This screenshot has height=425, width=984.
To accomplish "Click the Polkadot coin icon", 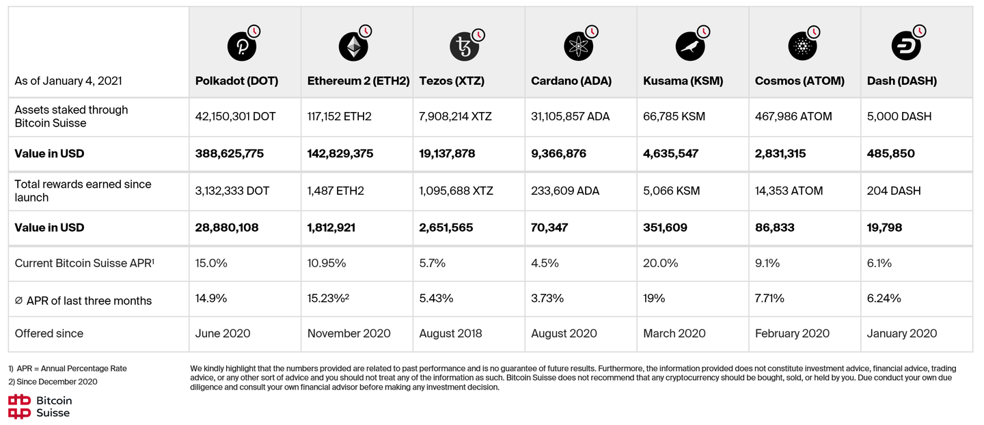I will pyautogui.click(x=241, y=46).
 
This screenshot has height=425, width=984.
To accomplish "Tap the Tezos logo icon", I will pyautogui.click(x=465, y=46).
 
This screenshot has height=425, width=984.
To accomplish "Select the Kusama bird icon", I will pyautogui.click(x=689, y=46).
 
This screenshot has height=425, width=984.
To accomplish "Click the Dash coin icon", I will pyautogui.click(x=905, y=46).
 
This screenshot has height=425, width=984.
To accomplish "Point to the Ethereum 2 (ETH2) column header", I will pyautogui.click(x=358, y=81).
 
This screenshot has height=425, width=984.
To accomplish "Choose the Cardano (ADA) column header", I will pyautogui.click(x=571, y=81).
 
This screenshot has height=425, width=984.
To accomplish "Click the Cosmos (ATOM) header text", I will pyautogui.click(x=799, y=81).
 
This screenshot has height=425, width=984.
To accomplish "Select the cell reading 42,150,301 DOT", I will pyautogui.click(x=236, y=116).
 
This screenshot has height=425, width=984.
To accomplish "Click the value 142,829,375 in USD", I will pyautogui.click(x=340, y=154).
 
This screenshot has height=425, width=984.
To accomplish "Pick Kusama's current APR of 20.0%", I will pyautogui.click(x=661, y=263).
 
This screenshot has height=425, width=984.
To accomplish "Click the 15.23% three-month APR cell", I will pyautogui.click(x=329, y=298).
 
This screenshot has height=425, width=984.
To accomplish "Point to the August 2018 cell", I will pyautogui.click(x=450, y=333).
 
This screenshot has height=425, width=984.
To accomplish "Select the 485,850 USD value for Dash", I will pyautogui.click(x=891, y=154).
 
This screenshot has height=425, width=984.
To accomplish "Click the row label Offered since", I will pyautogui.click(x=49, y=333).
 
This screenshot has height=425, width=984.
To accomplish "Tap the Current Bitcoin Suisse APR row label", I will pyautogui.click(x=85, y=263).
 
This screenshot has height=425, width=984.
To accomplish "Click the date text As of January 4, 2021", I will pyautogui.click(x=68, y=81).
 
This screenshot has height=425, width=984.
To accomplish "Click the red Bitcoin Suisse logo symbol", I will pyautogui.click(x=19, y=406).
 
